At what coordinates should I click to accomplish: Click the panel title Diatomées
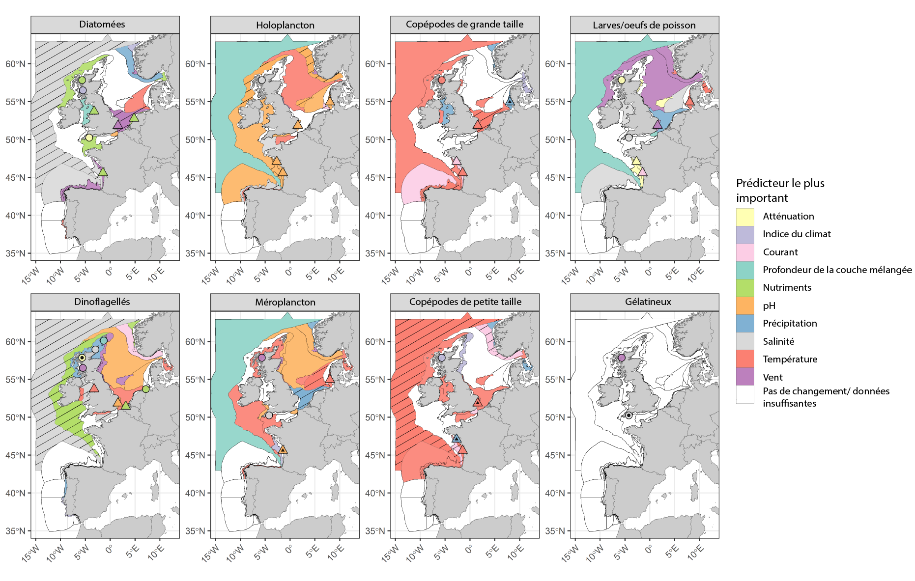click(102, 25)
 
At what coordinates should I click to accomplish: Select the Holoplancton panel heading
click(285, 25)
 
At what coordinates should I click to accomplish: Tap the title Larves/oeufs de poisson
click(644, 25)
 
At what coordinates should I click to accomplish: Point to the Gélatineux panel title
click(648, 302)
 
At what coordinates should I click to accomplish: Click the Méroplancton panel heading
click(285, 303)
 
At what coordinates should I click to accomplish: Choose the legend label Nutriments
click(787, 288)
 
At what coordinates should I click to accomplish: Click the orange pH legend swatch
click(745, 305)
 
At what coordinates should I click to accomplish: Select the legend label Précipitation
click(790, 324)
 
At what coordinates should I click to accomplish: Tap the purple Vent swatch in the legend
click(745, 377)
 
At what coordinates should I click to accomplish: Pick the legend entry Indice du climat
click(797, 234)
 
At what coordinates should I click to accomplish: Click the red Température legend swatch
click(745, 359)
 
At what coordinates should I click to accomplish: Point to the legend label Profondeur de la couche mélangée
click(837, 270)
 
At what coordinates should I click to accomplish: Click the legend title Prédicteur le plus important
click(780, 191)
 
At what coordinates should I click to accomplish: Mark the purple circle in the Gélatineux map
click(622, 358)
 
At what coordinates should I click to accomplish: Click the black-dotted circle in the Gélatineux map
click(629, 415)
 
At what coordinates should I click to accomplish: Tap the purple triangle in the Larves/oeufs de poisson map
click(658, 125)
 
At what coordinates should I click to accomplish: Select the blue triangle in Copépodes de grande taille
click(510, 102)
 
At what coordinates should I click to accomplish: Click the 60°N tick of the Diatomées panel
click(19, 64)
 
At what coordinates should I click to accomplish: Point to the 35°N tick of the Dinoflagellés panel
click(19, 531)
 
